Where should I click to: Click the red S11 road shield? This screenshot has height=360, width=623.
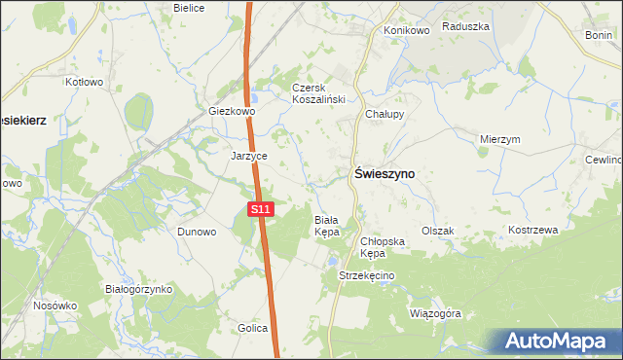coord(260,209)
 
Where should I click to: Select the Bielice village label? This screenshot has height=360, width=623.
coord(188,7)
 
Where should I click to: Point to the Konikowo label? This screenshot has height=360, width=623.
coord(407,30)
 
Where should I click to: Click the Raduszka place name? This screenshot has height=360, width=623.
coord(464,27)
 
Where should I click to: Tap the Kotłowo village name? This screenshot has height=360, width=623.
coord(84,83)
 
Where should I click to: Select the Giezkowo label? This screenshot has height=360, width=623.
coord(232,112)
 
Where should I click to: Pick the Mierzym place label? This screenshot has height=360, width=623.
coord(500,139)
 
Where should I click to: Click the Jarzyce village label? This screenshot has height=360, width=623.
coord(249,156)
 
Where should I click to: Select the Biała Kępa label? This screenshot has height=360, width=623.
coord(326,227)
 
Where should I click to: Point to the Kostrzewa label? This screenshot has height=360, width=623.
coord(532,231)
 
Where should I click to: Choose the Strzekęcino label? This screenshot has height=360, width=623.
coord(366,276)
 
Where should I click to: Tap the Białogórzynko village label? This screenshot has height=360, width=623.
coord(138,289)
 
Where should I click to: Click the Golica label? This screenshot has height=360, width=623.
coord(252,328)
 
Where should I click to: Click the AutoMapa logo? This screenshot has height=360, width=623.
coord(558,342)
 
